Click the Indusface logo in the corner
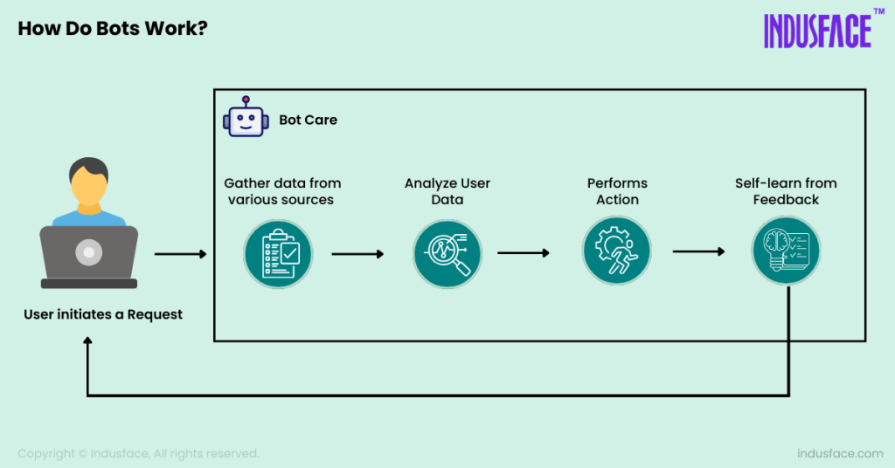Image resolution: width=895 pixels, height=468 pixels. (817, 31)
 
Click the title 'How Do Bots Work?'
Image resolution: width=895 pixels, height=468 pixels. (113, 28)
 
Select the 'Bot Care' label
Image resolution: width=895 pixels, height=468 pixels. (308, 120)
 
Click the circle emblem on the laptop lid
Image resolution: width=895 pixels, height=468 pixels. (88, 253)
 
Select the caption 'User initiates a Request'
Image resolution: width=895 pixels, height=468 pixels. (103, 314)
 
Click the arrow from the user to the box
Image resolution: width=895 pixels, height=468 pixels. (180, 254)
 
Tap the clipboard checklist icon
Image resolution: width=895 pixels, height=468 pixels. (277, 253)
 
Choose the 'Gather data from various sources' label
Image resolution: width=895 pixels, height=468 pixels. (282, 191)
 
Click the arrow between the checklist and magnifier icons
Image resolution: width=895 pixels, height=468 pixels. (357, 254)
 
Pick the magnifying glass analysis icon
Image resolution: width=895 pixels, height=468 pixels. (447, 253)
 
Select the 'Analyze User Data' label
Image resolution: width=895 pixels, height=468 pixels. (447, 191)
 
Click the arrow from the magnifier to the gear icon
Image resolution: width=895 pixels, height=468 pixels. (523, 253)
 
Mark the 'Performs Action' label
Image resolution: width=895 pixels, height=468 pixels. (617, 191)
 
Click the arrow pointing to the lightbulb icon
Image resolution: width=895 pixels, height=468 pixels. (698, 252)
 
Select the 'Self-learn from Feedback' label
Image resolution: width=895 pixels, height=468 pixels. (786, 191)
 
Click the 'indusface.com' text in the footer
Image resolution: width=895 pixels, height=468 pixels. (840, 454)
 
